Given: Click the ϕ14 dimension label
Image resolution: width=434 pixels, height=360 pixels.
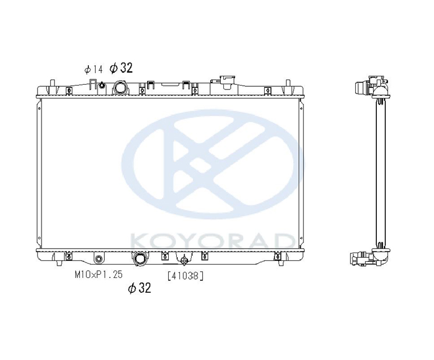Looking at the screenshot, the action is [94, 69].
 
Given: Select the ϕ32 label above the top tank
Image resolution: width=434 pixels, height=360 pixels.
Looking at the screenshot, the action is [121, 68].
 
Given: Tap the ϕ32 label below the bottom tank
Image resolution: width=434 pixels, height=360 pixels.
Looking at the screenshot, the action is [140, 288].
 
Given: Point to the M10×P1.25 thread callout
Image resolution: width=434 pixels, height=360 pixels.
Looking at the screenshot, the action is [98, 274].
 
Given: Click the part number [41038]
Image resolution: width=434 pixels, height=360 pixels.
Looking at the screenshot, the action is [185, 275].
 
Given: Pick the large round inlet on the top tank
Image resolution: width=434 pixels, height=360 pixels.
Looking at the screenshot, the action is [120, 87].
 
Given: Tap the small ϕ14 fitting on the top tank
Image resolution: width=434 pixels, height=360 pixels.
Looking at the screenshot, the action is [102, 85].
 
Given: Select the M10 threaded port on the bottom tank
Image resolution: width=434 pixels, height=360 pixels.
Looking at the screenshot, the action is [98, 259].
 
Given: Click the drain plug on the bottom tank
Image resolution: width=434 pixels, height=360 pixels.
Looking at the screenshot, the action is [183, 260].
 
